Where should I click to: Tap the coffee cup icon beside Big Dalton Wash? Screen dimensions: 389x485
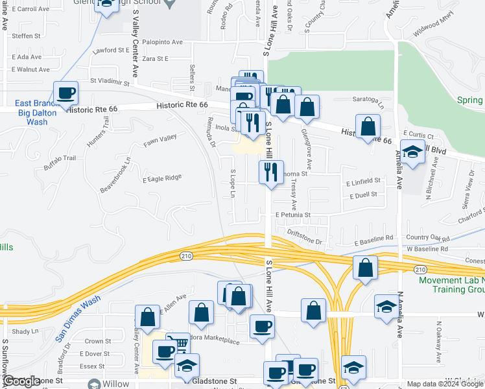[65, 93]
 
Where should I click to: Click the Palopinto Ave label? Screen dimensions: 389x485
[159, 42]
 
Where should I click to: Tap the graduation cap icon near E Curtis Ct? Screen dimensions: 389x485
[411, 152]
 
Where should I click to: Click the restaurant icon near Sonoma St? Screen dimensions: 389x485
[270, 172]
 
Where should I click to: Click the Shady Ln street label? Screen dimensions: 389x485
[26, 331]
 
